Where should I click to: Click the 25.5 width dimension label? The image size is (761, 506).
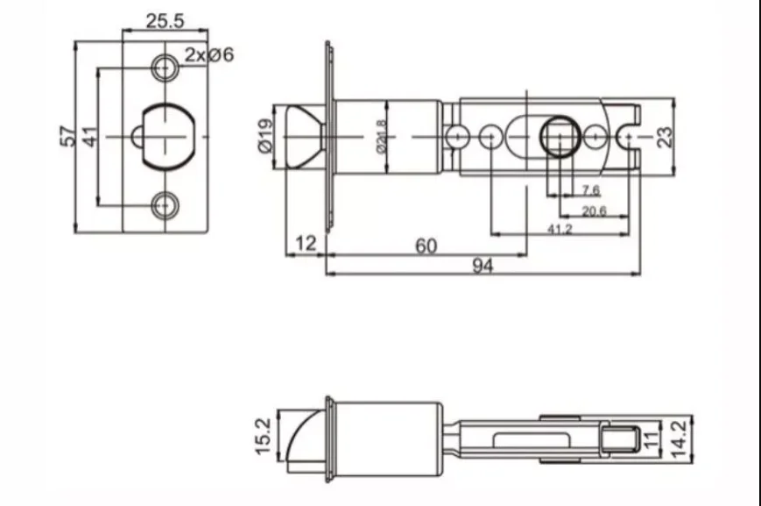point(165,21)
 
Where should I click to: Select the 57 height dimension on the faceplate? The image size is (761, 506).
point(68,136)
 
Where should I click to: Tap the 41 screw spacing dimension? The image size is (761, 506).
point(90,137)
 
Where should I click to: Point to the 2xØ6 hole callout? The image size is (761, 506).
point(209,54)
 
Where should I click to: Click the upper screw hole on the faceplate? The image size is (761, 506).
point(165,68)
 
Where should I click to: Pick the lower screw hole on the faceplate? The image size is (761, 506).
point(165,205)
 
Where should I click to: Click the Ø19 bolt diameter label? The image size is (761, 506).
point(265,136)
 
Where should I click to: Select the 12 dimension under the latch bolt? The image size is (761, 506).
point(306,243)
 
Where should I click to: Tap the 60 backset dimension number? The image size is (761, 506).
point(426,246)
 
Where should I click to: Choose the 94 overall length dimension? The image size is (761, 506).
point(483,266)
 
